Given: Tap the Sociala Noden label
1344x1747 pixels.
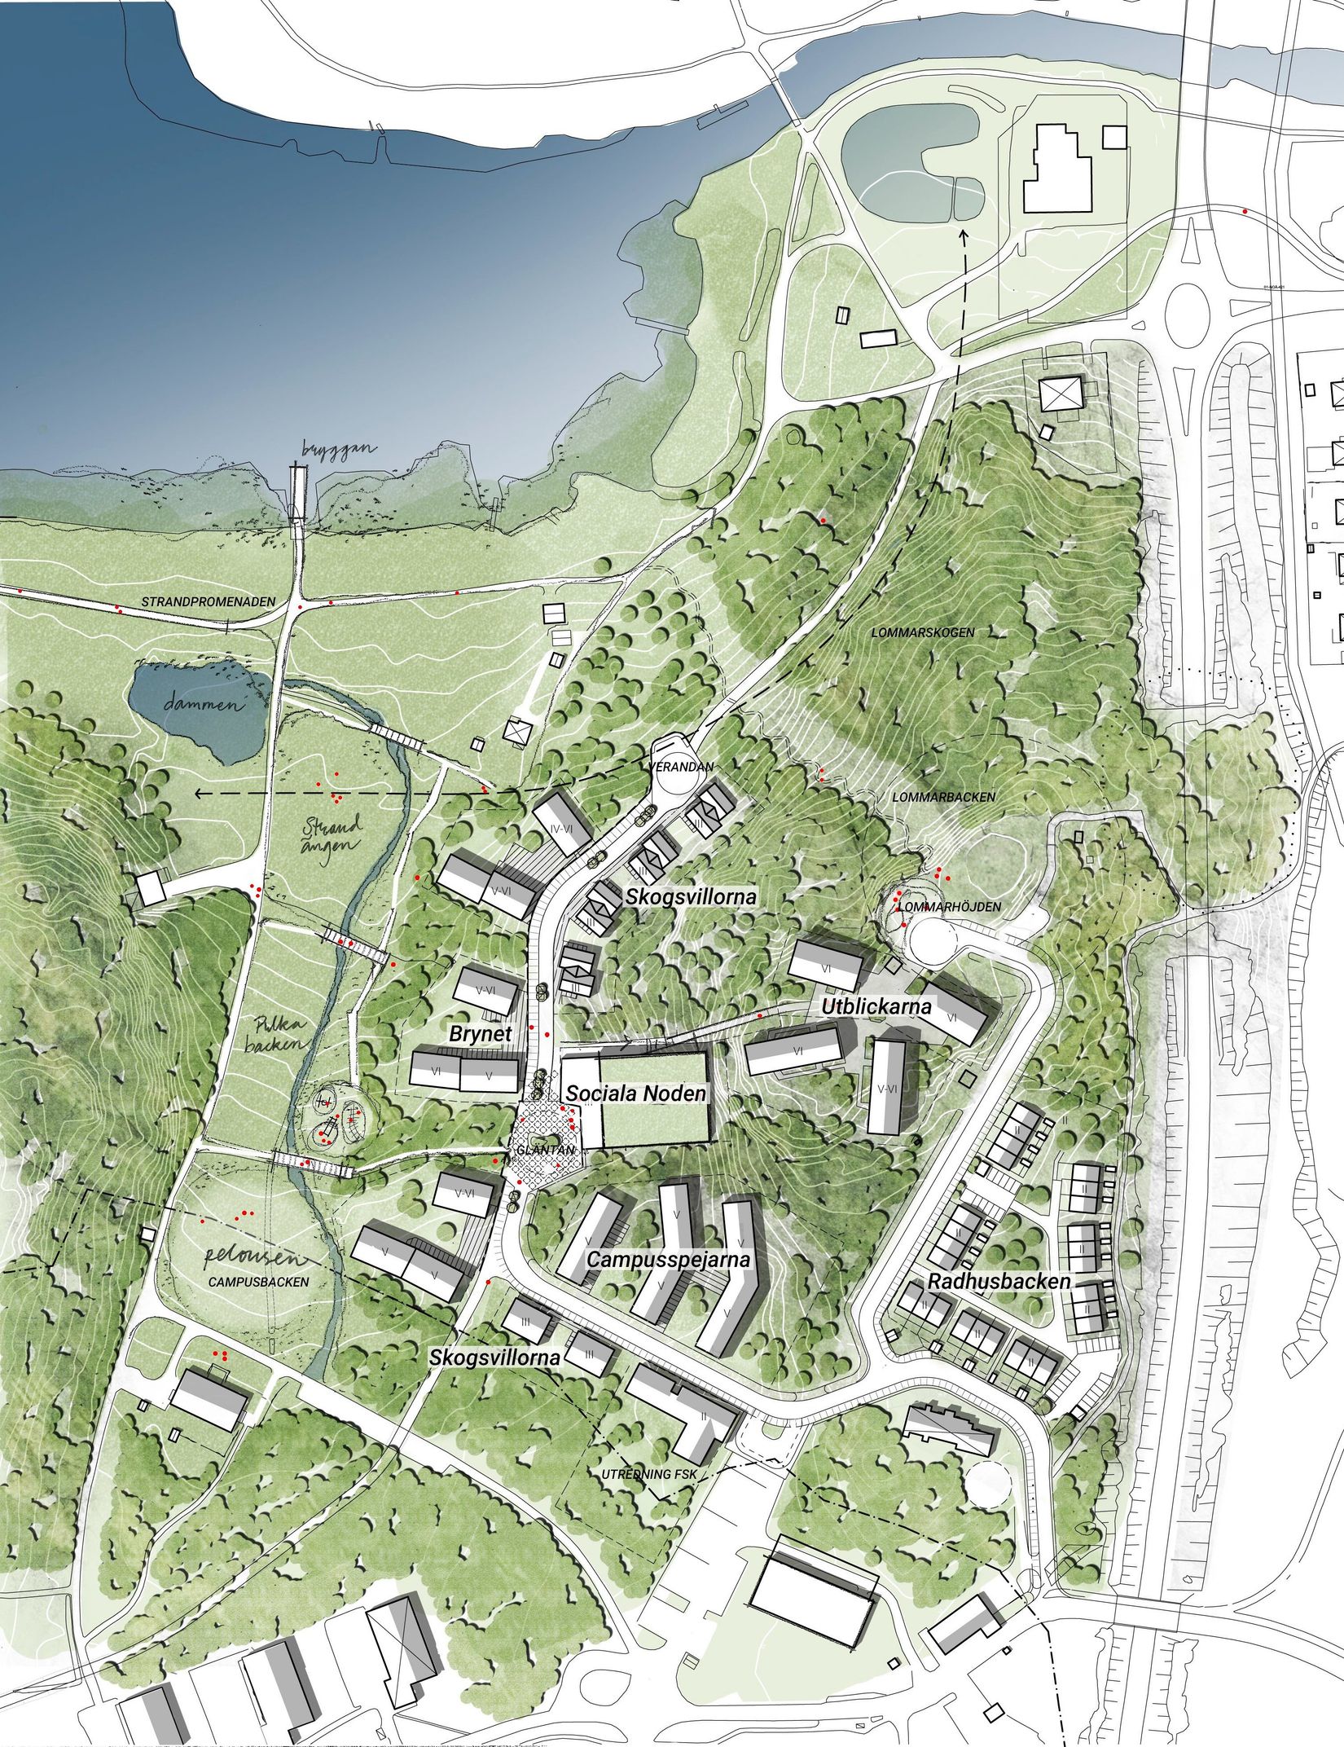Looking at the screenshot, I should pyautogui.click(x=636, y=1093).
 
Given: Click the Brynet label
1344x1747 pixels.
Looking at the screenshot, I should pyautogui.click(x=481, y=1033).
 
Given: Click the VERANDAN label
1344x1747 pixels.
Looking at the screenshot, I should pyautogui.click(x=682, y=767).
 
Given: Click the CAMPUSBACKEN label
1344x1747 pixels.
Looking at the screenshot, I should pyautogui.click(x=258, y=1282).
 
